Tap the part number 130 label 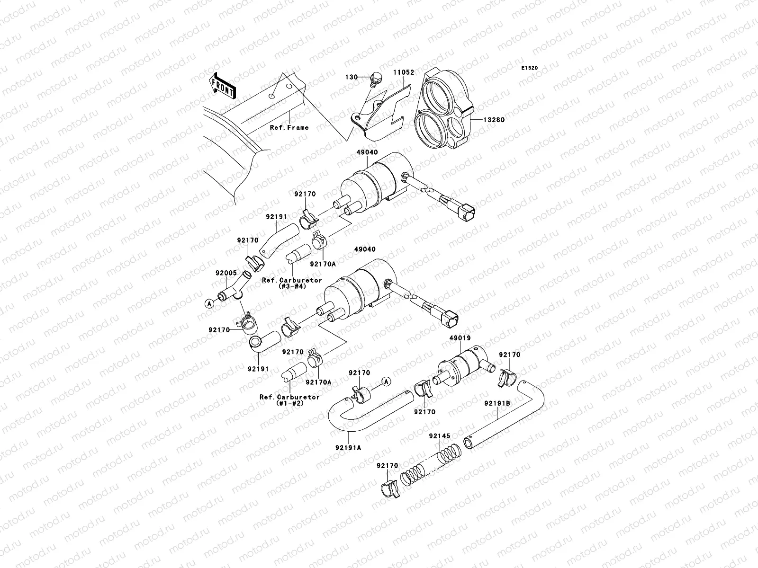click(351, 77)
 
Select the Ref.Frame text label click(289, 127)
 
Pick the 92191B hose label click(497, 403)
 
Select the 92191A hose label click(349, 447)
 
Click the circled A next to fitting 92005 click(209, 304)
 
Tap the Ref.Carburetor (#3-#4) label click(292, 283)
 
